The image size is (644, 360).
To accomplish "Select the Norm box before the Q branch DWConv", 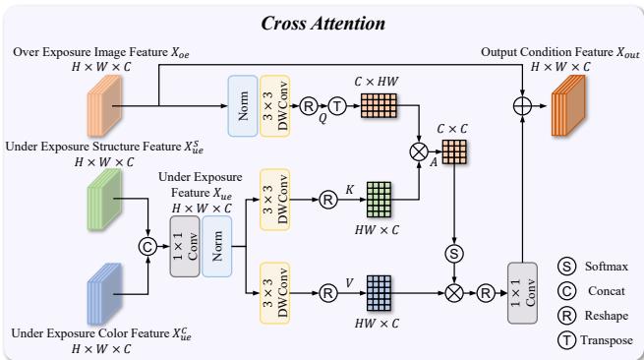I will click(242, 103).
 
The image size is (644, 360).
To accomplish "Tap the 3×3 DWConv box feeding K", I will click(274, 197).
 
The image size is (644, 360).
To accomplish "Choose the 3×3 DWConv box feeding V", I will click(274, 292).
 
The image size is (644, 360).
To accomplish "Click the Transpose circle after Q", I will click(336, 103).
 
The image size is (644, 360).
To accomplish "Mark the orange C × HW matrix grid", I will click(378, 103).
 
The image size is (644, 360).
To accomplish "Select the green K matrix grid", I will click(379, 198).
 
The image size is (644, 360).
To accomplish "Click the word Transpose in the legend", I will click(606, 340).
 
